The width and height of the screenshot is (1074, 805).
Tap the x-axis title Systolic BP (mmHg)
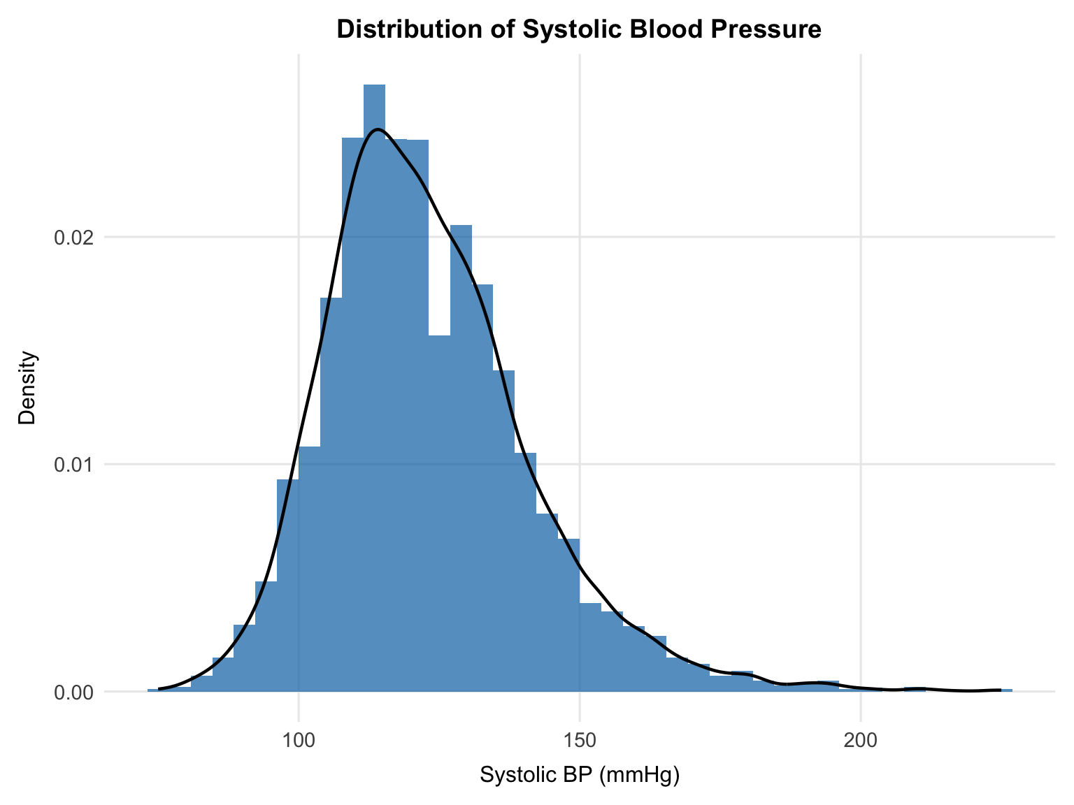coord(580,775)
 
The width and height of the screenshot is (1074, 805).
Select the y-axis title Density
coord(27,389)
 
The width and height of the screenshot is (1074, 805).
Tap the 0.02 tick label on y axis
coord(73,238)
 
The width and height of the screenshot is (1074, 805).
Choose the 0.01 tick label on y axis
coord(73,465)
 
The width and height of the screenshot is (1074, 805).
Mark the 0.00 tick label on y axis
coord(73,692)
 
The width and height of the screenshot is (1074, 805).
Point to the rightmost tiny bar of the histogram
coord(1006,690)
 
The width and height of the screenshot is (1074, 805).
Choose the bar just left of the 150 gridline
coord(568,615)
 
